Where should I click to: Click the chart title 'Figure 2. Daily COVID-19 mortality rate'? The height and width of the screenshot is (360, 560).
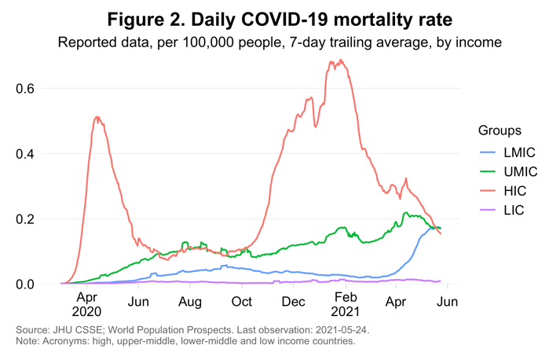[280, 17]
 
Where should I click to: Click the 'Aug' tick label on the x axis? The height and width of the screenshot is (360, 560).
[190, 302]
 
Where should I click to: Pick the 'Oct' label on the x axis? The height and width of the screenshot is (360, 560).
[241, 302]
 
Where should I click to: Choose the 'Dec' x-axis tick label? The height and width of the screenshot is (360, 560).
[293, 302]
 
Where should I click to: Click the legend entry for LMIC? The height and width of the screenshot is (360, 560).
[511, 152]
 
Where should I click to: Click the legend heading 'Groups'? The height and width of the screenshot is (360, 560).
[500, 130]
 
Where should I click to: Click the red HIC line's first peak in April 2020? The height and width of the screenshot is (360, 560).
[97, 117]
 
